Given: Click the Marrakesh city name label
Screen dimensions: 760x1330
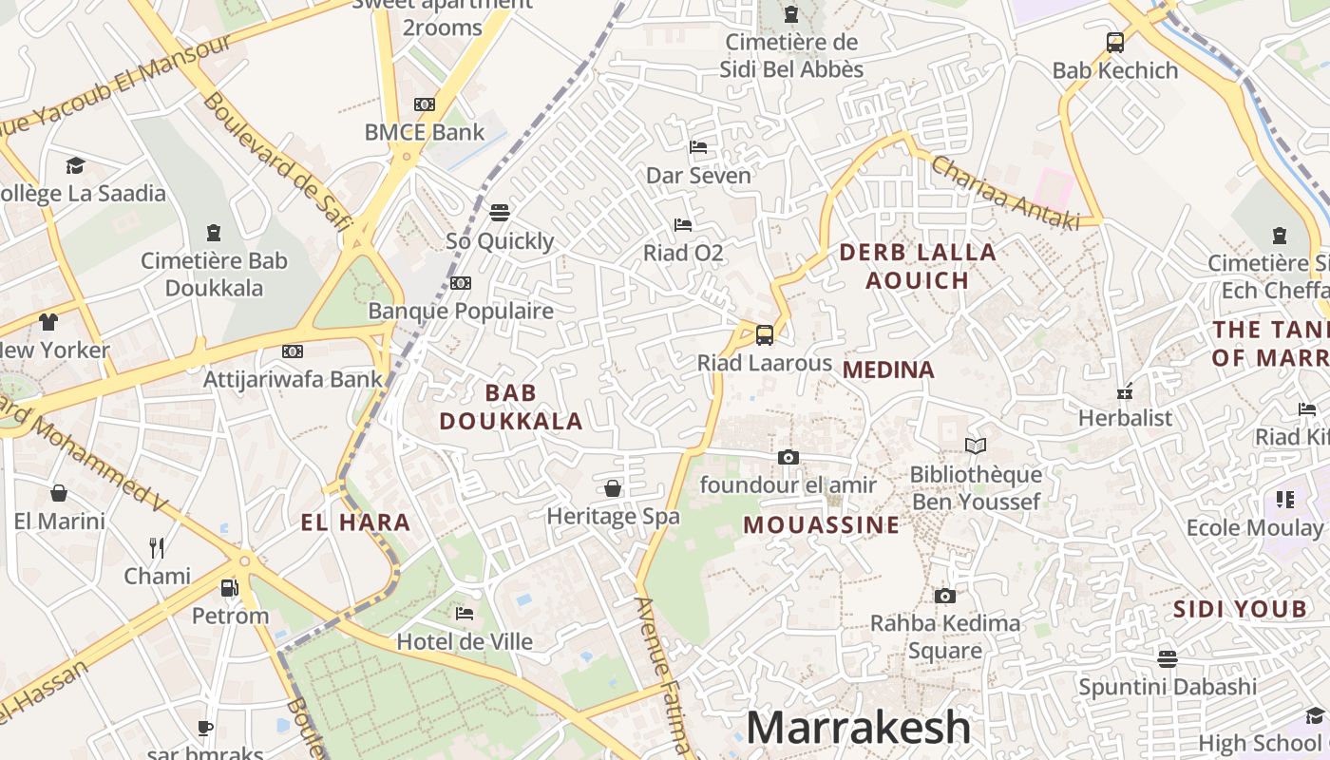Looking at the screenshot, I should click(x=858, y=728).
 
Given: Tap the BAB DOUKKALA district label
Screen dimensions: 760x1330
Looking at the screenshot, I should click(x=511, y=407).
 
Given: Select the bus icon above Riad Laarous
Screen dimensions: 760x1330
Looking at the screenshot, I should click(x=765, y=334).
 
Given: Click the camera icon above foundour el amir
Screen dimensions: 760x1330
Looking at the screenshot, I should click(x=788, y=457).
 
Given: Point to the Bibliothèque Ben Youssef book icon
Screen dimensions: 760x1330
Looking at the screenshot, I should click(x=976, y=446).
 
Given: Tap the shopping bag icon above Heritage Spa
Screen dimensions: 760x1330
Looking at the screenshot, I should click(x=613, y=488).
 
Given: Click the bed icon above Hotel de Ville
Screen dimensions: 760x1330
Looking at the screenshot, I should click(x=465, y=614).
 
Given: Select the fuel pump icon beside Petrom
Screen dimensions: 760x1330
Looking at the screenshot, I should click(x=230, y=587).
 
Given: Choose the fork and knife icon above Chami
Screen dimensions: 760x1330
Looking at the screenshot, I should click(x=157, y=547).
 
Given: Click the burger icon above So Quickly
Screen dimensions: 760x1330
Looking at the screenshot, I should click(x=500, y=212).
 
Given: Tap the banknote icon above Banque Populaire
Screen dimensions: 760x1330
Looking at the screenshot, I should click(x=461, y=283).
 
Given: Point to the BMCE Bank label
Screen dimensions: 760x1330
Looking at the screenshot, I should click(x=425, y=132).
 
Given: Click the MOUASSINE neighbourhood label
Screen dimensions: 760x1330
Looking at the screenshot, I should click(x=821, y=525).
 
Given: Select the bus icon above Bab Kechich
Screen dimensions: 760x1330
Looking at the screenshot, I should click(x=1115, y=42).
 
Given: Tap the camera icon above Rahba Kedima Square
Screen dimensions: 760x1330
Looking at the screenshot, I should click(x=944, y=596).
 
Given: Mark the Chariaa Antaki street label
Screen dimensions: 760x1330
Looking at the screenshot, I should click(x=1005, y=193).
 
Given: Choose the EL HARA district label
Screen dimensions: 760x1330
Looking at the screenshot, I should click(x=355, y=522).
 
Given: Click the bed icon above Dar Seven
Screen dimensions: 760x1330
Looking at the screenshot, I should click(x=698, y=147).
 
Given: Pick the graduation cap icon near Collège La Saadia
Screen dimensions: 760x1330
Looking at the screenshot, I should click(x=75, y=166).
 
